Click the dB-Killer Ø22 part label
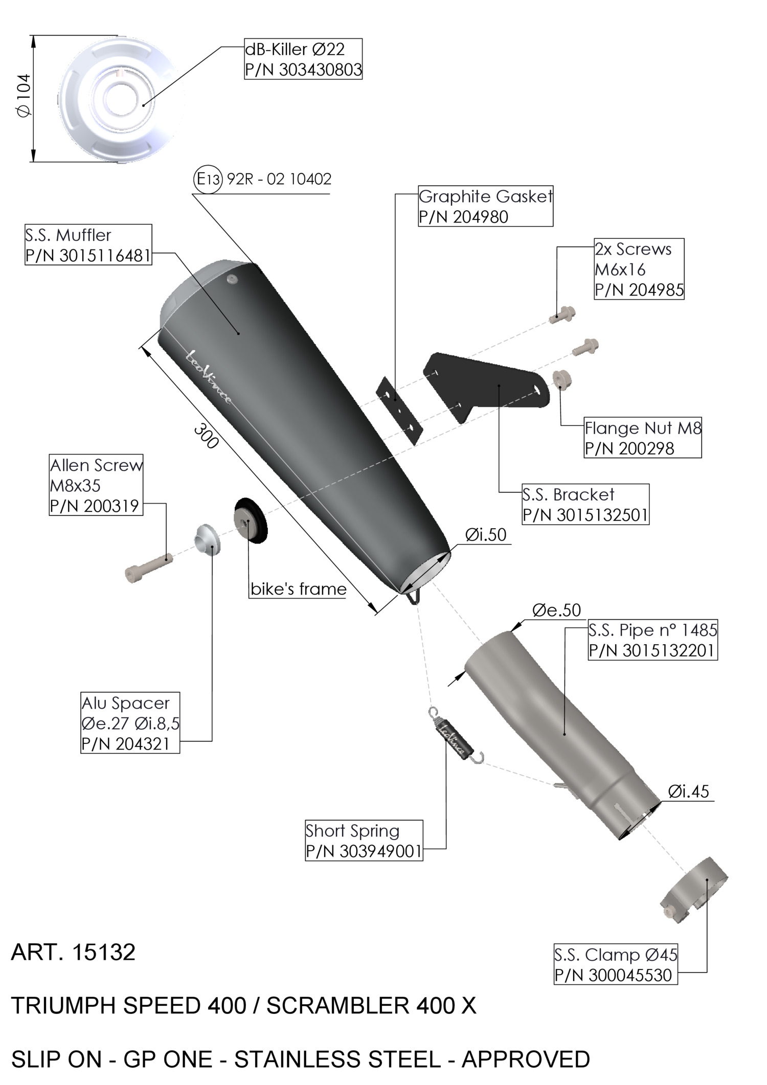click(303, 59)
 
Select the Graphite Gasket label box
click(485, 206)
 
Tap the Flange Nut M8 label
click(643, 438)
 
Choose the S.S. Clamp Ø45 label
click(616, 964)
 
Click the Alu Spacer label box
click(130, 723)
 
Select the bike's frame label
click(298, 589)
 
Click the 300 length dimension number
click(206, 436)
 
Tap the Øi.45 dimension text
click(688, 792)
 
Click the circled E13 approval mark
click(208, 179)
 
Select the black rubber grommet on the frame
click(251, 519)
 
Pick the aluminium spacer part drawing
click(206, 541)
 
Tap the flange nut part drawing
click(562, 379)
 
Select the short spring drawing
click(455, 737)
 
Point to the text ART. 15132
click(73, 952)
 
